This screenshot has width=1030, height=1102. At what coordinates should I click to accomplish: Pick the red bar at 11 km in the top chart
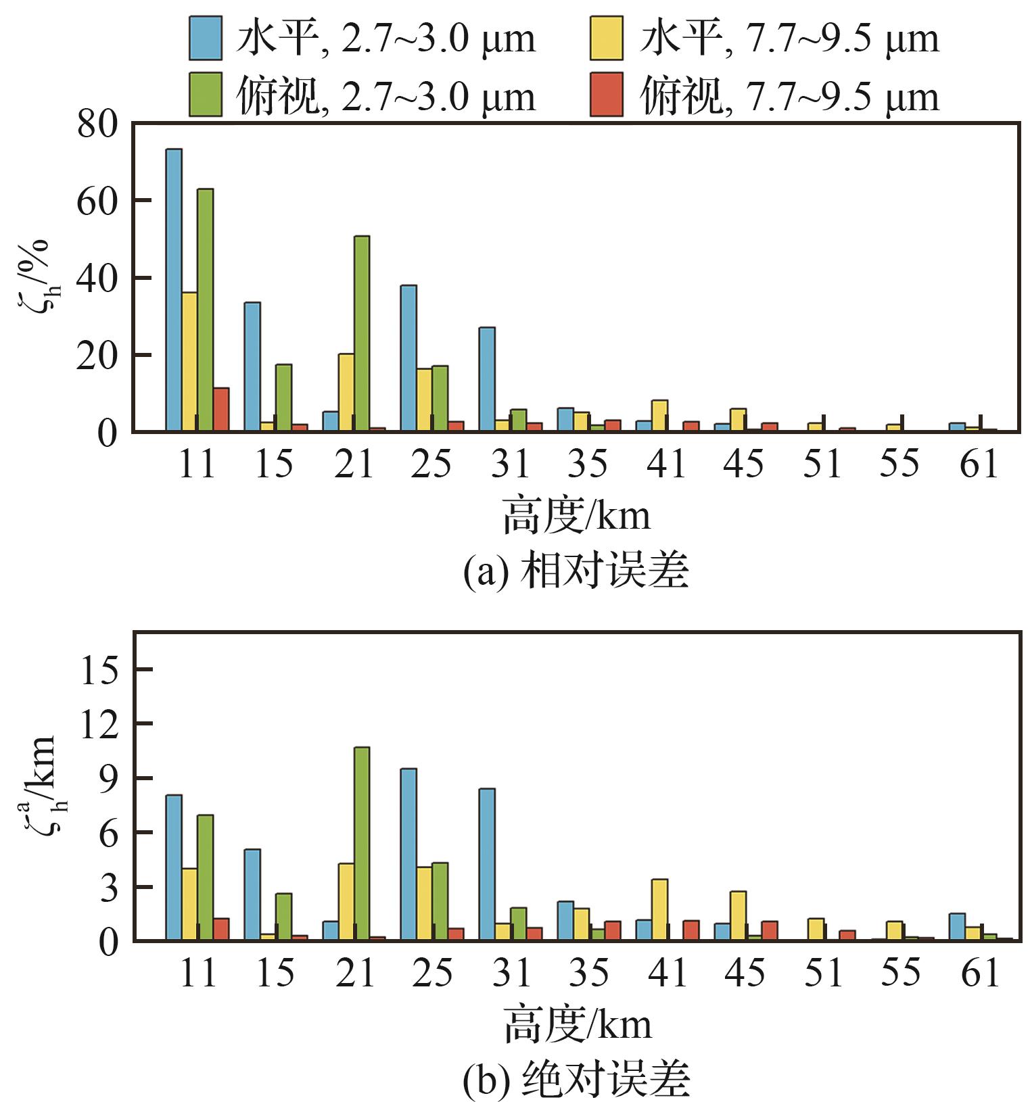click(221, 409)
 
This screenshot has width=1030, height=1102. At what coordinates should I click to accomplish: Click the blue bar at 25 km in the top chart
click(408, 358)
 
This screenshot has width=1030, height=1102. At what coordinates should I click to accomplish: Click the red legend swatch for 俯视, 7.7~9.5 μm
click(607, 95)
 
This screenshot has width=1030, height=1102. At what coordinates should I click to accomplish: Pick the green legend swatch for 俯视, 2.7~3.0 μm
click(206, 95)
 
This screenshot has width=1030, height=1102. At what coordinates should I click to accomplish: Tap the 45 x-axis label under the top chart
click(744, 464)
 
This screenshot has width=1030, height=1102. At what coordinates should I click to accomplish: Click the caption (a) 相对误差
click(576, 572)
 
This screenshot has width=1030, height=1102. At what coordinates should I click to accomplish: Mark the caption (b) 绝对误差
click(576, 1080)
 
